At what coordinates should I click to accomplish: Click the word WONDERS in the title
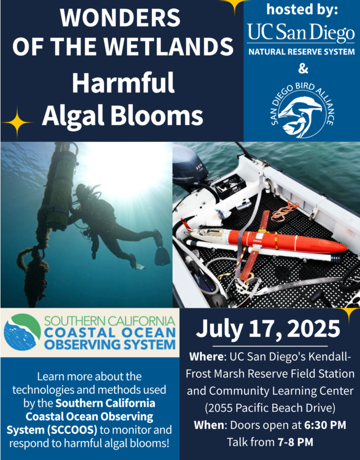(x=120, y=18)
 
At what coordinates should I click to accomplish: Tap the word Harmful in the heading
(x=123, y=83)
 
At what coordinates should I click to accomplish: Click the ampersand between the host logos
(x=303, y=69)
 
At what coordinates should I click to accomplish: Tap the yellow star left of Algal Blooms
(x=17, y=122)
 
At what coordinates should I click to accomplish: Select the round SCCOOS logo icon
(x=22, y=332)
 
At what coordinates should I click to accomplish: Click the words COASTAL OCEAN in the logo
(x=110, y=333)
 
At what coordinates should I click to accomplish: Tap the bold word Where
(x=207, y=357)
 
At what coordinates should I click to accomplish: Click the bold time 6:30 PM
(x=325, y=425)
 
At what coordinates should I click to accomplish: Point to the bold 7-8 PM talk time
(x=295, y=442)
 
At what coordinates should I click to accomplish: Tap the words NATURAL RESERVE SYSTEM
(x=301, y=52)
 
